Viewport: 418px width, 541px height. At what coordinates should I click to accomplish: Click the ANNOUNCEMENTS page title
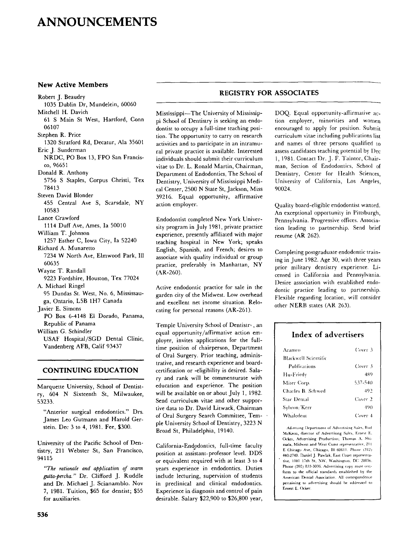[x=98, y=22]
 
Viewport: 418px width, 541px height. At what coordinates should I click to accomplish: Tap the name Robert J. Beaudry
[x=61, y=97]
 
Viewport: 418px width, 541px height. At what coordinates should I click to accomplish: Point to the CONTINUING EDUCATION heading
[x=90, y=370]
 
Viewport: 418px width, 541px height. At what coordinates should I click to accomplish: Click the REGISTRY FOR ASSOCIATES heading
[x=268, y=93]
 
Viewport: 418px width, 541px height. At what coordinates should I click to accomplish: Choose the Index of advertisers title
[x=328, y=334]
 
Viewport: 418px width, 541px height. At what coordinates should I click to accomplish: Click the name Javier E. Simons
[x=59, y=308]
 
